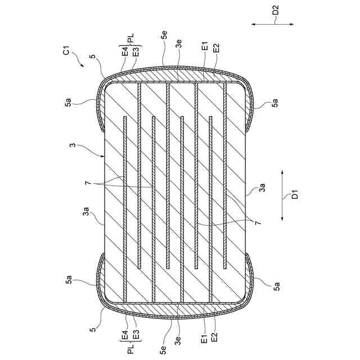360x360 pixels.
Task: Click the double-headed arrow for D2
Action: (272, 25)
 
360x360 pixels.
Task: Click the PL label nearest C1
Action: (130, 39)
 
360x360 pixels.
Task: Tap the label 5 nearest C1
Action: (92, 57)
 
